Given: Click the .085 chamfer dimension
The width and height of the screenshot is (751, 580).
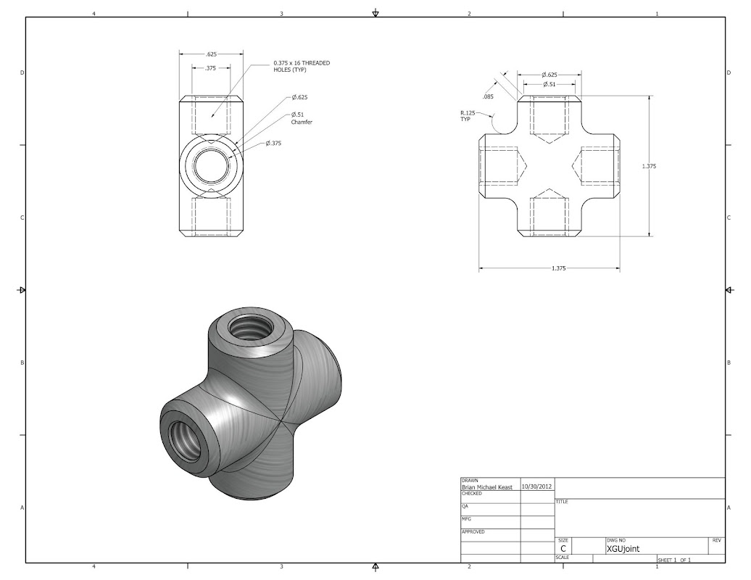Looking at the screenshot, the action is tap(488, 96).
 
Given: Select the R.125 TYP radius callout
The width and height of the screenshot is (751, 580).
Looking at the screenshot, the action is tap(468, 116).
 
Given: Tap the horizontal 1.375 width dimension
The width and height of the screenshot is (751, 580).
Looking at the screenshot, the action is tap(558, 268).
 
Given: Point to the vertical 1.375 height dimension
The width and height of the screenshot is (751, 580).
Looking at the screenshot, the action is tap(649, 166).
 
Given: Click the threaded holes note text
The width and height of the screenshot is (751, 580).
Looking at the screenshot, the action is tap(302, 66).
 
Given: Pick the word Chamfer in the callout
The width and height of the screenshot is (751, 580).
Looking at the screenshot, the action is tap(302, 122).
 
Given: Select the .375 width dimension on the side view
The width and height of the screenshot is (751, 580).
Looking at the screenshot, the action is tap(211, 68).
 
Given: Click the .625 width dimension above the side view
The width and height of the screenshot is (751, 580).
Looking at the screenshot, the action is tap(211, 54).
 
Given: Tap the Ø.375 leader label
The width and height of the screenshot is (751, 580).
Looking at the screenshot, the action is tap(273, 144).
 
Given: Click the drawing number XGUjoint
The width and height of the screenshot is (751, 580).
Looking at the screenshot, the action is tap(623, 549).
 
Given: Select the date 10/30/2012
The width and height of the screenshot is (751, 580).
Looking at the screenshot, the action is tap(537, 486).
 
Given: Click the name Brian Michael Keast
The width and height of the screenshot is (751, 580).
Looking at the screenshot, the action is tap(487, 487).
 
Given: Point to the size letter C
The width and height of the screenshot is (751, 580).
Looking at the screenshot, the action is tap(563, 549).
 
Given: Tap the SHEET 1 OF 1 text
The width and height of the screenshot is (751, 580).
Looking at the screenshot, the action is tap(674, 560).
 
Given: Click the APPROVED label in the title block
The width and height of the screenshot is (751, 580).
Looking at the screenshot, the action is tap(473, 531).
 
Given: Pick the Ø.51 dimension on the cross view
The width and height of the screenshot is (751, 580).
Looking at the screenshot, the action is tap(549, 84).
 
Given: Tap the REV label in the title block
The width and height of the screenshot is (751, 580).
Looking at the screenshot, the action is tap(716, 540).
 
